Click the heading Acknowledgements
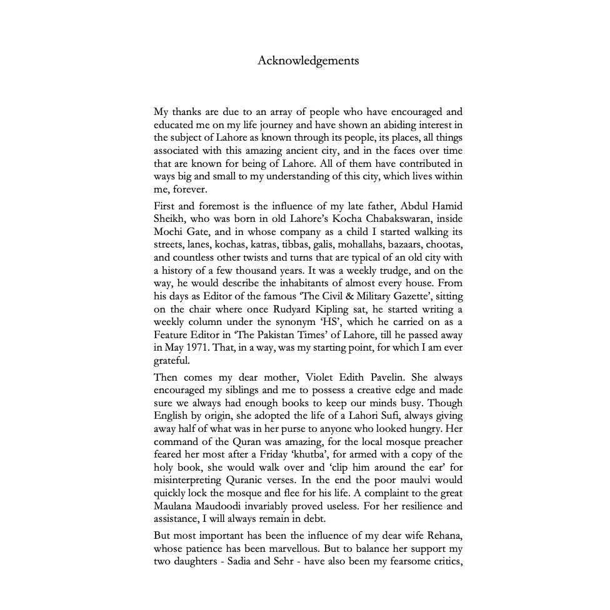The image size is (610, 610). click(308, 61)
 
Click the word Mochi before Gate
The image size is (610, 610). click(168, 232)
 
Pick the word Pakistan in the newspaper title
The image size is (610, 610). click(258, 335)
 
